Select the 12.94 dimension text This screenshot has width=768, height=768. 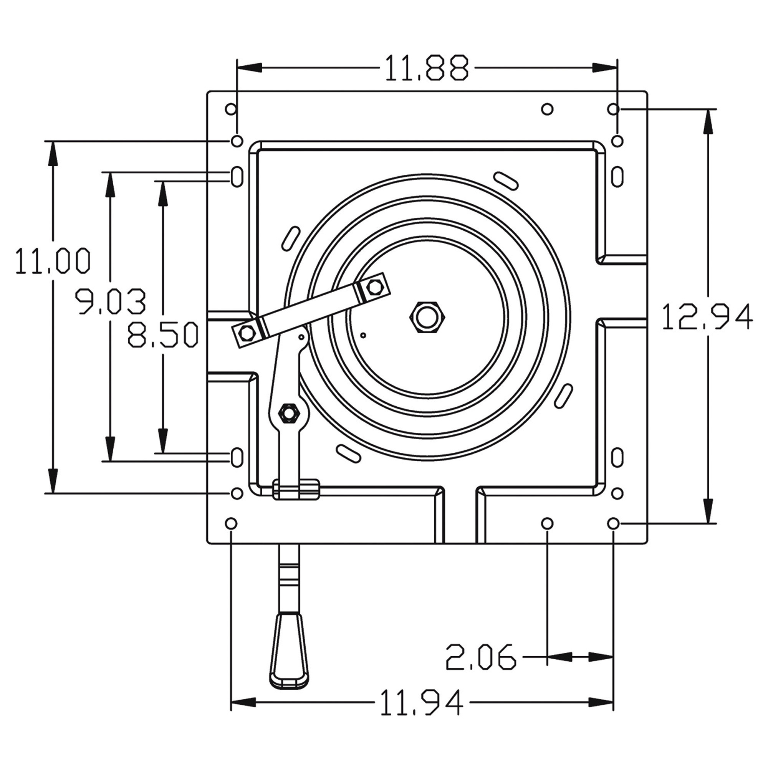pyautogui.click(x=707, y=317)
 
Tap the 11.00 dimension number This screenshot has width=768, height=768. pyautogui.click(x=53, y=260)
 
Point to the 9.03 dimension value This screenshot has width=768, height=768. pyautogui.click(x=111, y=302)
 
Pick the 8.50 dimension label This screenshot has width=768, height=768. pyautogui.click(x=163, y=335)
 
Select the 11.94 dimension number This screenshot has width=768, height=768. pyautogui.click(x=422, y=703)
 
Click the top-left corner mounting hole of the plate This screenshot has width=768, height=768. pyautogui.click(x=230, y=109)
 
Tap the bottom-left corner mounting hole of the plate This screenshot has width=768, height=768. pyautogui.click(x=230, y=523)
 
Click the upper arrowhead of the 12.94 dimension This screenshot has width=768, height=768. pyautogui.click(x=707, y=122)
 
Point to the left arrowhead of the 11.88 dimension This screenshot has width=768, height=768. pyautogui.click(x=250, y=68)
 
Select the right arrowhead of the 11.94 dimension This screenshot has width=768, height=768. pyautogui.click(x=601, y=702)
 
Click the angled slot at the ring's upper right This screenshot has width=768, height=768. pyautogui.click(x=505, y=180)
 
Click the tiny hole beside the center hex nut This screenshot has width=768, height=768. pyautogui.click(x=363, y=335)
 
